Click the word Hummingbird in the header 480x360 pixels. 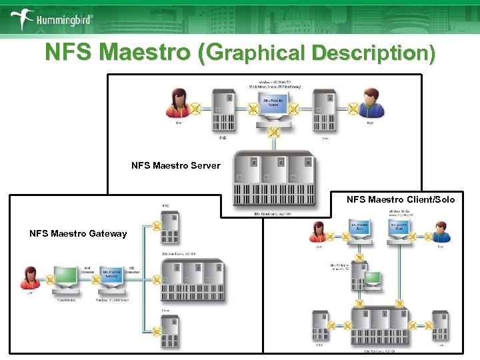pyautogui.click(x=64, y=20)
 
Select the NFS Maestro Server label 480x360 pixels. pyautogui.click(x=175, y=165)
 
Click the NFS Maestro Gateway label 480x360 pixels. pyautogui.click(x=77, y=233)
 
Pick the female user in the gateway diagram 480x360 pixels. pyautogui.click(x=29, y=278)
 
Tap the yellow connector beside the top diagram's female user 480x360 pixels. pyautogui.click(x=196, y=107)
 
